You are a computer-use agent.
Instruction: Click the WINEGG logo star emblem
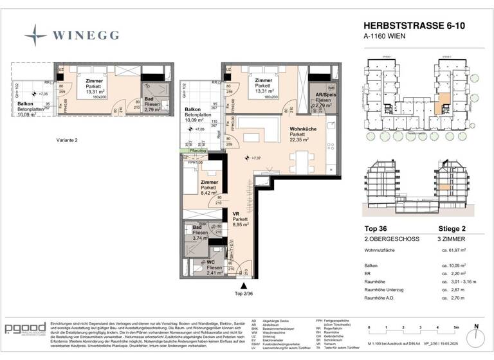point(36,34)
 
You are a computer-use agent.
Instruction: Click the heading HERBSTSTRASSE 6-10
point(408,26)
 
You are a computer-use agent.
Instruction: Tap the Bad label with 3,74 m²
point(194,233)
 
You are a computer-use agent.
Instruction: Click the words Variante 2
point(66,139)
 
